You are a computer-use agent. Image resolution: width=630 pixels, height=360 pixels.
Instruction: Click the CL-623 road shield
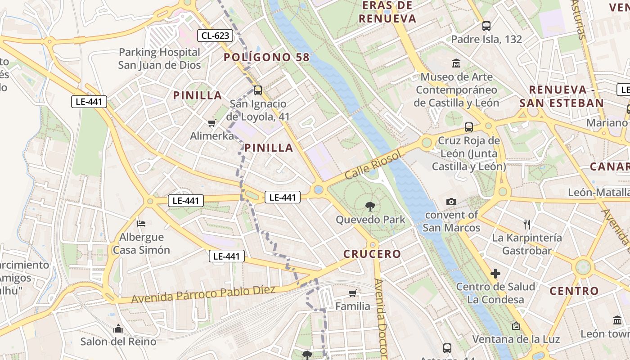pos(215,35)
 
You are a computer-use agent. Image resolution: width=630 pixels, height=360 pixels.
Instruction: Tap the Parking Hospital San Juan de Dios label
pos(159,58)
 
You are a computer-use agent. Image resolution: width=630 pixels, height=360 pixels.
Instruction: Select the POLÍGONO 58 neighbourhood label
pos(267,57)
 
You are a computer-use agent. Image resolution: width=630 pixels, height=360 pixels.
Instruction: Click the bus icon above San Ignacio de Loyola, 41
pos(258,90)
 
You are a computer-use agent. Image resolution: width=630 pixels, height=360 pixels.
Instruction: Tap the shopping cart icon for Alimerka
pos(211,123)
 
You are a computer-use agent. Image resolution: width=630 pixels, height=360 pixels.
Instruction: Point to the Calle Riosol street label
pos(372,164)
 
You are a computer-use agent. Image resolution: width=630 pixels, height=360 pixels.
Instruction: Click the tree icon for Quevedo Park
pos(370,207)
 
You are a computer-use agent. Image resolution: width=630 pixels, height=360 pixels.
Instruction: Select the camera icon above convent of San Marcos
pos(451,202)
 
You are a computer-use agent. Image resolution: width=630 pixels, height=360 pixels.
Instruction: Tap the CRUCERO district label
pos(372,254)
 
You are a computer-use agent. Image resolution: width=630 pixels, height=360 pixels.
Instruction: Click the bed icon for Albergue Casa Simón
pos(141,223)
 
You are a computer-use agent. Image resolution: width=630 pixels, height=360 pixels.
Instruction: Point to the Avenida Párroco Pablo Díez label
pos(203,295)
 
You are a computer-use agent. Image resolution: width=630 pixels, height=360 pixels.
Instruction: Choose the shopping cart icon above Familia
pos(353,293)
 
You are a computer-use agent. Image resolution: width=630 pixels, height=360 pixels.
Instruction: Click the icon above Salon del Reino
pos(118,328)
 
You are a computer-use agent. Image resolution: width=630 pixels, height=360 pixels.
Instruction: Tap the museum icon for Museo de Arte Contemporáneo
pos(456,63)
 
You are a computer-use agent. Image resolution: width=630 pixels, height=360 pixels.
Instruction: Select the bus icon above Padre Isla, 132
pos(486,26)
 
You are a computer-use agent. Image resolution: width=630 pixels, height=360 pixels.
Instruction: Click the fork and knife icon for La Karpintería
pos(527,224)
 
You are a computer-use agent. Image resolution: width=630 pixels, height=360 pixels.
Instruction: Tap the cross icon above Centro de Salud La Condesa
pos(495,273)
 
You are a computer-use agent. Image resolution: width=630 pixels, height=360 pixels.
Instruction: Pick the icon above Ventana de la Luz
pos(516,325)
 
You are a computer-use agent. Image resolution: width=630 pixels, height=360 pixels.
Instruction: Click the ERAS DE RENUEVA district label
pos(387,12)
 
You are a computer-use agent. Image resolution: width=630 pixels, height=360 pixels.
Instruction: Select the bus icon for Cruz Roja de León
pos(469,127)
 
